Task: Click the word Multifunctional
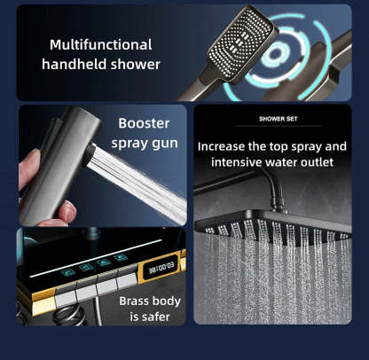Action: pos(100,44)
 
